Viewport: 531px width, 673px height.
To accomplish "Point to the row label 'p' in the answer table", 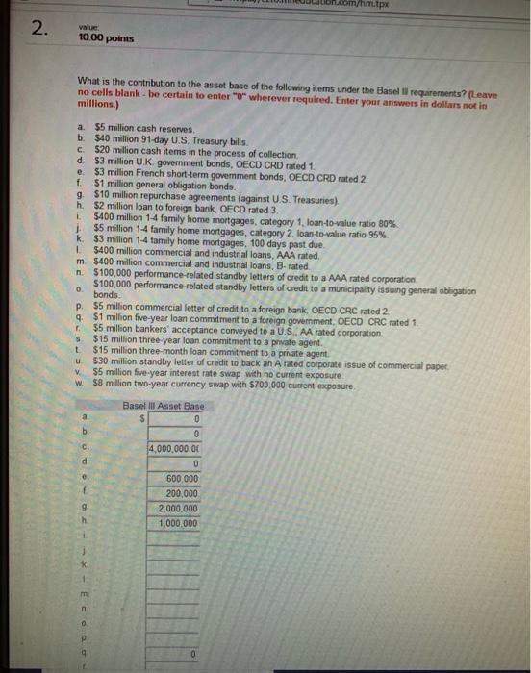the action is click(87, 638).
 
